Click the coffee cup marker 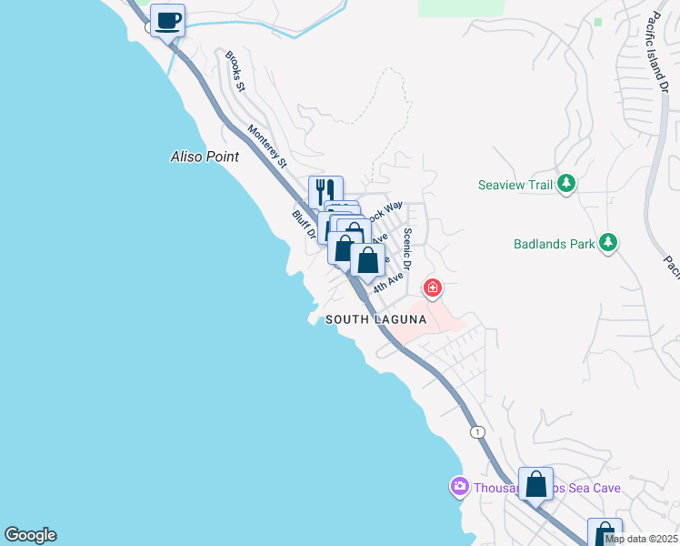click(x=167, y=20)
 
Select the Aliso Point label click(x=205, y=157)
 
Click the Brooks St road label click(x=235, y=71)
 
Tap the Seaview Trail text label click(x=515, y=185)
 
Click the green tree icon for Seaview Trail click(x=566, y=185)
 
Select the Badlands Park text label click(x=554, y=244)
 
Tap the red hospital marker click(x=433, y=289)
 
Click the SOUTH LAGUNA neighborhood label click(x=375, y=319)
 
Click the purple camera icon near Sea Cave click(x=459, y=488)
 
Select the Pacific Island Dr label click(x=658, y=56)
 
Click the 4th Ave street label click(x=387, y=279)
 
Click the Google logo click(x=30, y=535)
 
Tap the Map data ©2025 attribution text click(x=641, y=539)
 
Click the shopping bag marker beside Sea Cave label click(x=535, y=484)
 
